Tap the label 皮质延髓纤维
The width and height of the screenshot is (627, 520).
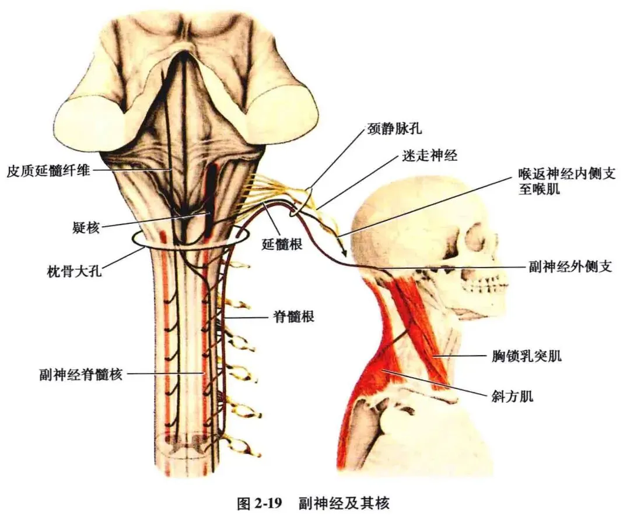[48, 171]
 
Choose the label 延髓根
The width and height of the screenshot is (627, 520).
[282, 245]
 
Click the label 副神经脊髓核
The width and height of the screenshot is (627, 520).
[80, 374]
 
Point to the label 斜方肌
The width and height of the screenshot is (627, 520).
[512, 397]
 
